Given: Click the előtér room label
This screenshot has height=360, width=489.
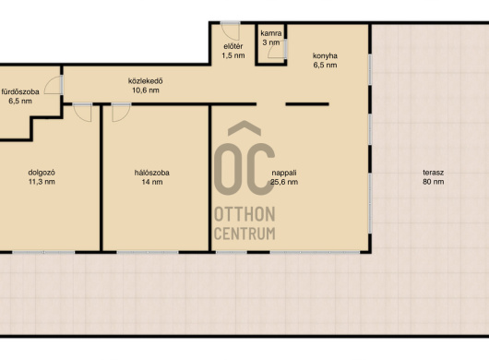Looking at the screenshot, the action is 233,46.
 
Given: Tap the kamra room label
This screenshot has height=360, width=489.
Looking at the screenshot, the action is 271,33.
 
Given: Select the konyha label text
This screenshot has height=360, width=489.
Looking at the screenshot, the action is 325,56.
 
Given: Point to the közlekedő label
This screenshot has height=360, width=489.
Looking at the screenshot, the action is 146,81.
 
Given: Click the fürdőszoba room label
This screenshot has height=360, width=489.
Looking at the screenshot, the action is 20,91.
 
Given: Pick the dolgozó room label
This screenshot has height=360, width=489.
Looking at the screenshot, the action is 42,173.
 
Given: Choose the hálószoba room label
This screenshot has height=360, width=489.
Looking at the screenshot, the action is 152,173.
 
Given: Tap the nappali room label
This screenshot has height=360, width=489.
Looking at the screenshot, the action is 284,173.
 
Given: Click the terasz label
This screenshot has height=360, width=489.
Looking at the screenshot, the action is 433,173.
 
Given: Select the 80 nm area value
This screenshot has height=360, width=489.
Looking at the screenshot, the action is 433,182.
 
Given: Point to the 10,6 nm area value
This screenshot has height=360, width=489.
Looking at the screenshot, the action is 146,90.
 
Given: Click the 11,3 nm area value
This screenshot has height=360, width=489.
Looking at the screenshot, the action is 42,182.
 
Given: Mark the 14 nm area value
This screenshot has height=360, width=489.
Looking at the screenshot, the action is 152,182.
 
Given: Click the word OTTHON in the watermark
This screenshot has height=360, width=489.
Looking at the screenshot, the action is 244,214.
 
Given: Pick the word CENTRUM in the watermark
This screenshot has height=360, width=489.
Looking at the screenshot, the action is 244,234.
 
